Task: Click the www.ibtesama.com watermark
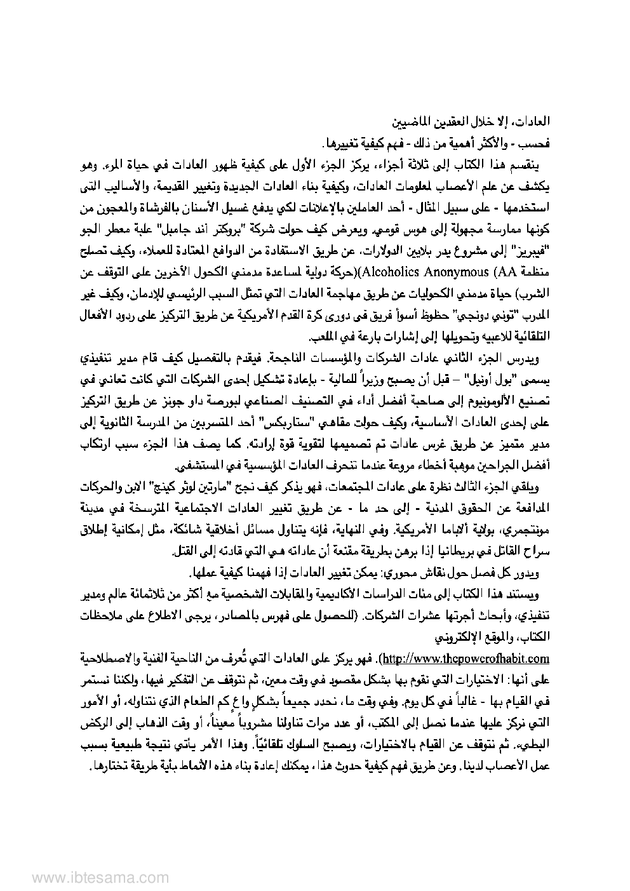click(80, 877)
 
